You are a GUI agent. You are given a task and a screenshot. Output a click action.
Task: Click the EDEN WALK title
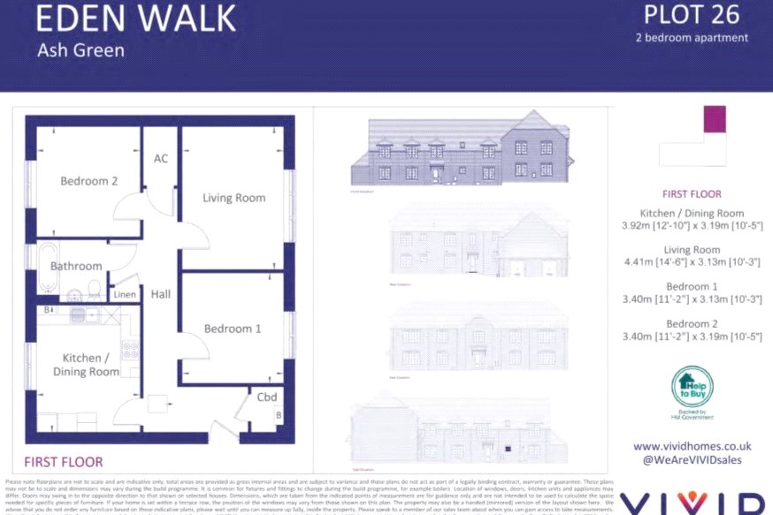(x=137, y=19)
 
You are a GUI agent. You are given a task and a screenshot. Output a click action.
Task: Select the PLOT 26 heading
(x=692, y=15)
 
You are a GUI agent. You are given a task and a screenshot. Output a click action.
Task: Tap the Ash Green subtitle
(x=80, y=50)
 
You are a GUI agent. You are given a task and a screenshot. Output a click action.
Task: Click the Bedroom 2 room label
(x=88, y=181)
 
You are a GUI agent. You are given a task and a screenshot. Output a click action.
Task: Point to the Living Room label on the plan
(x=233, y=197)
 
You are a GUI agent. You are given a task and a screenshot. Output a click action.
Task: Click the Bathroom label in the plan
(x=76, y=266)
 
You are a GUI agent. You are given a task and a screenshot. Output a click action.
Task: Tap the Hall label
(x=160, y=294)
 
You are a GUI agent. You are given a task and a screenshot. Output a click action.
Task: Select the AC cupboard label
(x=160, y=159)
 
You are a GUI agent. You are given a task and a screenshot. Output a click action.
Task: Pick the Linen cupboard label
(x=124, y=294)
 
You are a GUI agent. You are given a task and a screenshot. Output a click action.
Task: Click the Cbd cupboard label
(x=267, y=398)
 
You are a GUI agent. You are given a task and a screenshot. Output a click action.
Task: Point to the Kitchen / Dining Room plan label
(x=86, y=365)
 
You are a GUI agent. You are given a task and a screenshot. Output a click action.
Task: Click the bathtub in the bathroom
(x=48, y=268)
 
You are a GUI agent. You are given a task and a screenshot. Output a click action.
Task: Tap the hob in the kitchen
(x=129, y=349)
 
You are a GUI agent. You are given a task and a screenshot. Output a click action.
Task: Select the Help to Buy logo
(x=692, y=389)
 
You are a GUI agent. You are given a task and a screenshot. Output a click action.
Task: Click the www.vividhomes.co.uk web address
(x=692, y=447)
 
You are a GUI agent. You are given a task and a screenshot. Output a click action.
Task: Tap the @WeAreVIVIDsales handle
(x=692, y=460)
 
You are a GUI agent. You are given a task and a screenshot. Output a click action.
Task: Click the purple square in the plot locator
(x=714, y=119)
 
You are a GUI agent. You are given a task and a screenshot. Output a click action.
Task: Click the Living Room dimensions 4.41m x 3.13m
(x=692, y=263)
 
